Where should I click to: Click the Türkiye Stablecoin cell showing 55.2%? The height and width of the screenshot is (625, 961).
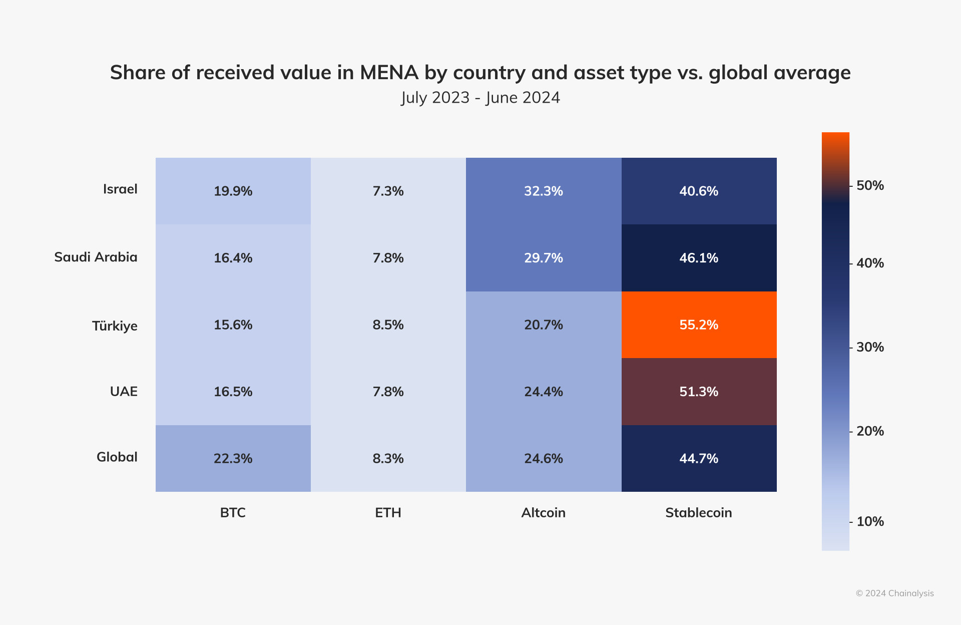pos(699,325)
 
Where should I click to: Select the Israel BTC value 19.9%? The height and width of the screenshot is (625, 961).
pos(233,191)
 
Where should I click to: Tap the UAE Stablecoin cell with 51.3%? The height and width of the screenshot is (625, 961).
pos(699,392)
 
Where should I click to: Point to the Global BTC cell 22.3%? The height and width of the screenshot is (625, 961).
pos(233,459)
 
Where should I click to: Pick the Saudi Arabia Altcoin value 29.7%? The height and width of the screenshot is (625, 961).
pos(544,258)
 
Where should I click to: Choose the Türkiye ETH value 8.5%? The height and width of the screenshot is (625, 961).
pos(388,325)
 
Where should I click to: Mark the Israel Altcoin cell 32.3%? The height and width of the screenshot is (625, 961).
pos(544,191)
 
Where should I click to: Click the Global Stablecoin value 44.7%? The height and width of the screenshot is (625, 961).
pos(699,459)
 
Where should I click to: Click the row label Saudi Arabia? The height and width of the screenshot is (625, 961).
pos(96,257)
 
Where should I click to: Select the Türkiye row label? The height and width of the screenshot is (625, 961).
pos(115,326)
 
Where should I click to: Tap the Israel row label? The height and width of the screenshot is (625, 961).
pos(120,189)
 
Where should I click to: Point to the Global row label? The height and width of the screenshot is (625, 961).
pos(117,457)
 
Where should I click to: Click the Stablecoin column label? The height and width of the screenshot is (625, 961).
pos(698,513)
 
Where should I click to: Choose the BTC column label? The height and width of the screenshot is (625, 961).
pos(233,513)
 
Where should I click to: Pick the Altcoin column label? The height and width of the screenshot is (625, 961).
pos(543,513)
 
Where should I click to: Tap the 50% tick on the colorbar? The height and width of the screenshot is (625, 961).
pos(869,186)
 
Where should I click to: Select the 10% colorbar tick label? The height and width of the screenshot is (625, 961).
pos(869,522)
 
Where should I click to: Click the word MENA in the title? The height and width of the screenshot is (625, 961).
pos(389,73)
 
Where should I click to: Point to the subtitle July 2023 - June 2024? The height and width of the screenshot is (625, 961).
pos(480,98)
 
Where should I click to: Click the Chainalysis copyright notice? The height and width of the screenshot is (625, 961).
pos(894,593)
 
